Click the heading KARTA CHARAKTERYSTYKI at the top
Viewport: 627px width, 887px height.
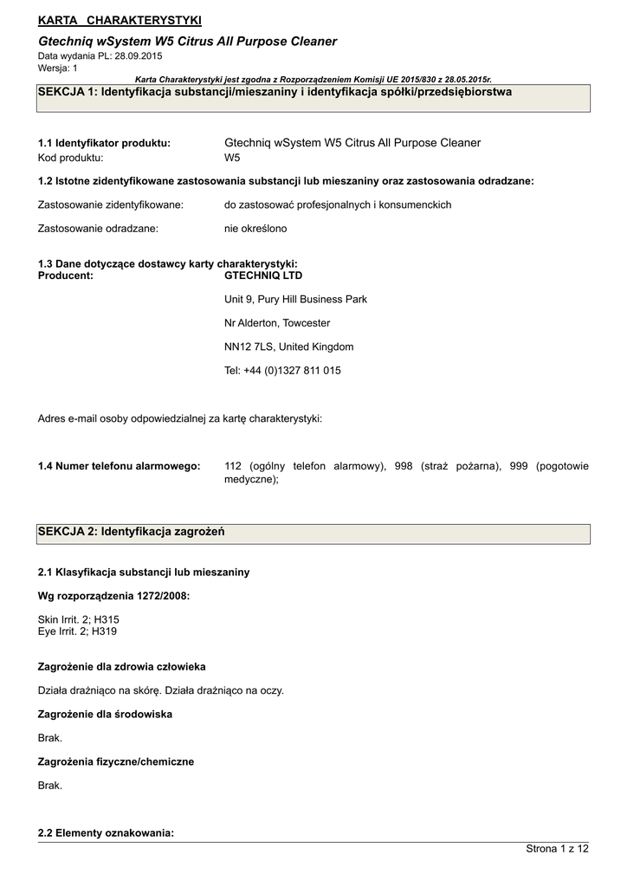[120, 20]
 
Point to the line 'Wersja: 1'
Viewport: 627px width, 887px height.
[58, 68]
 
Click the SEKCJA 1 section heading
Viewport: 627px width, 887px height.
[275, 92]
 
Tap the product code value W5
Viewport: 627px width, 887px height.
[232, 158]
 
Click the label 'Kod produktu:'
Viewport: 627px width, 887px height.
[71, 158]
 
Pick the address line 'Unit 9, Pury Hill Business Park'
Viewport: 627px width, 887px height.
[295, 299]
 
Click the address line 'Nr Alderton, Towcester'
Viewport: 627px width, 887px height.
[277, 323]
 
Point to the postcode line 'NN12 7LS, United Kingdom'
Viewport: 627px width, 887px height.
[288, 346]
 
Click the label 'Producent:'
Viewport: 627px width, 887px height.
[66, 275]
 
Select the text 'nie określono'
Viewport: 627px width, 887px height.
[255, 229]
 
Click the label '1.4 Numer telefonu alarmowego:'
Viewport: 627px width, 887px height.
[120, 466]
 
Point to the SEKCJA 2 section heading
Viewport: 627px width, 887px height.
[132, 531]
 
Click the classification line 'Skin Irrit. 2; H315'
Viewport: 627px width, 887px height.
[79, 619]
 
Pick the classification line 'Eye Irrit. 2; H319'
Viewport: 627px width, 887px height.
[78, 631]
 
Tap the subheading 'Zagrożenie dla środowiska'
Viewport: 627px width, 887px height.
[105, 714]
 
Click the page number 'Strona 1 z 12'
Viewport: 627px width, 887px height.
[557, 849]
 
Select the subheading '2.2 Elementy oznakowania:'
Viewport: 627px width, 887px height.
[107, 832]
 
